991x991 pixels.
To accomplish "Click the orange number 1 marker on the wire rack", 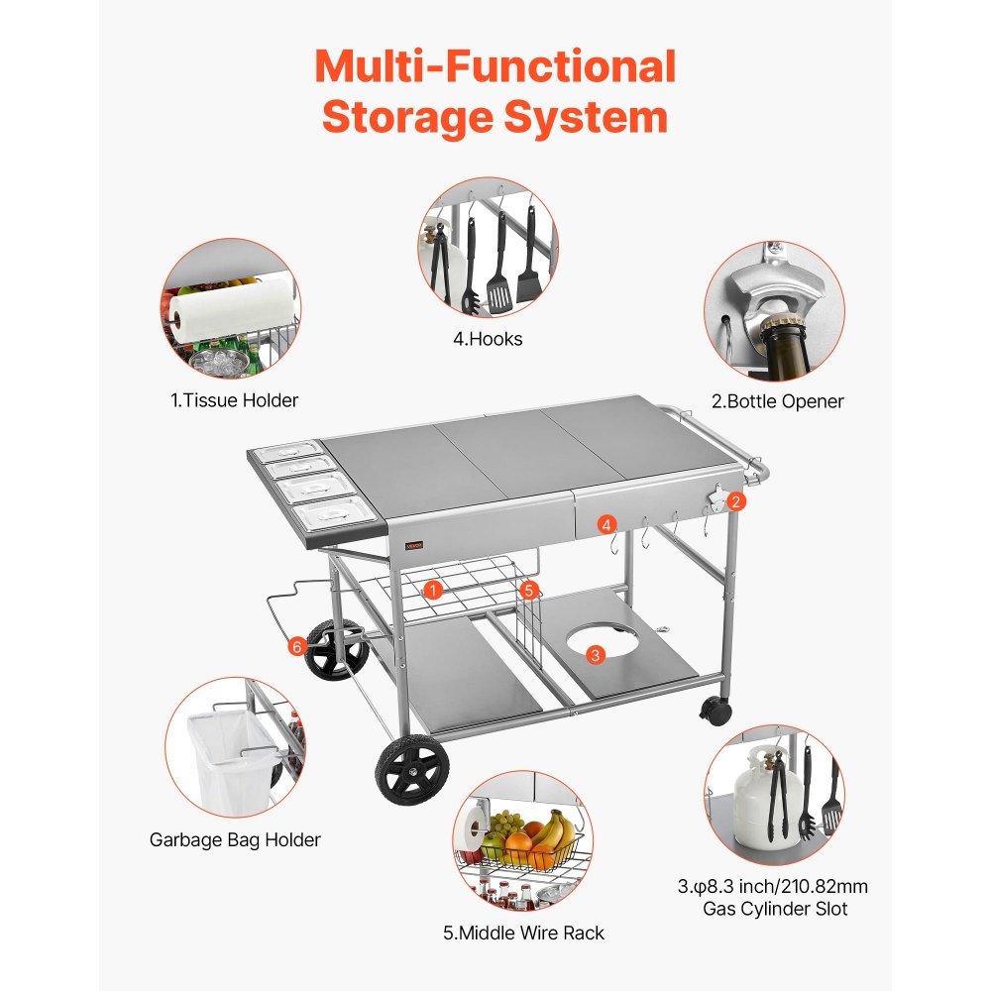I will pos(432,590).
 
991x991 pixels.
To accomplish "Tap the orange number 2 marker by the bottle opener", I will pos(735,501).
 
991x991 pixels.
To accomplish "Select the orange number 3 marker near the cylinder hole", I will pos(595,654).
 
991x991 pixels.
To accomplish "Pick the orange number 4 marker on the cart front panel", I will pos(606,525).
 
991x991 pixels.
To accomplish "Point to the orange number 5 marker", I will pos(529,590).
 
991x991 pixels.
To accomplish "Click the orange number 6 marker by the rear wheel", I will pos(296,646).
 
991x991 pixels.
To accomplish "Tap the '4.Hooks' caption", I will pos(488,339).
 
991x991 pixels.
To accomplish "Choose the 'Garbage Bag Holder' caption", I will pos(235,840).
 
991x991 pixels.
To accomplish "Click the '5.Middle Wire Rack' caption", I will pos(523,933).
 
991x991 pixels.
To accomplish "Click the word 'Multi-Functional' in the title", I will pos(495,67).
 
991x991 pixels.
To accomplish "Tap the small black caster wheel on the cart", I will pos(716,709).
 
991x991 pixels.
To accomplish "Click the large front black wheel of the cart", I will pos(411,770).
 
